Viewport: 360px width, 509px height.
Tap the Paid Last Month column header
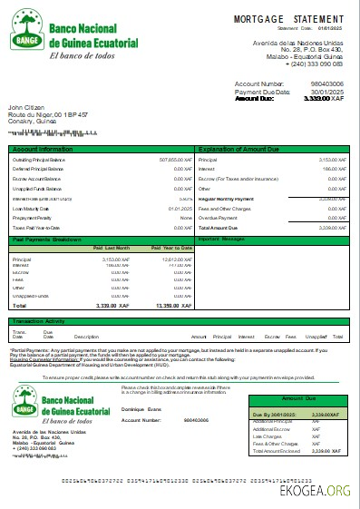[x=113, y=248]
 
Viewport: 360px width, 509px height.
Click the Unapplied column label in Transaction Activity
[x=316, y=336]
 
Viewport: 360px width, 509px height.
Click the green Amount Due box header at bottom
[x=305, y=398]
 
